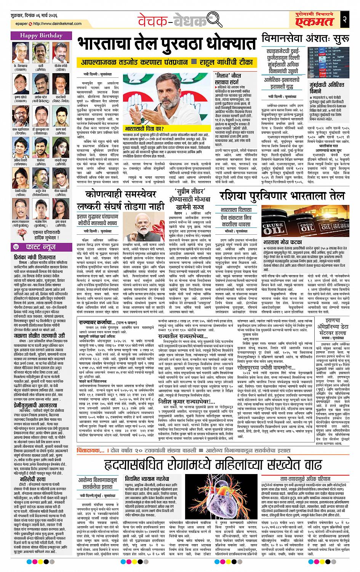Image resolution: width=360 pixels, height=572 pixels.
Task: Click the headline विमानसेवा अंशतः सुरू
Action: pyautogui.click(x=307, y=38)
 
